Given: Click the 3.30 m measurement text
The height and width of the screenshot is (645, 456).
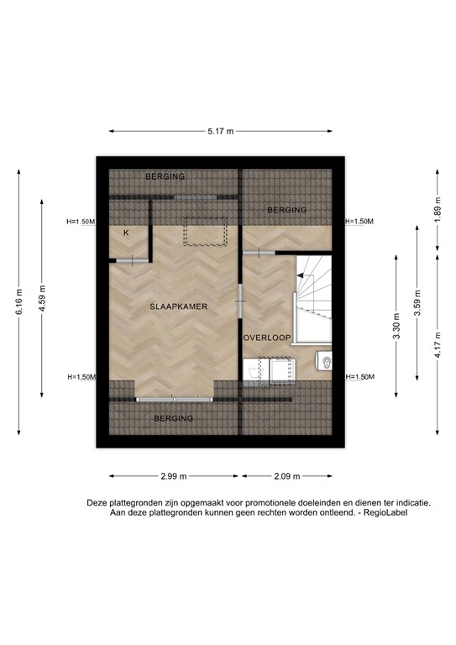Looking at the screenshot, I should (395, 325).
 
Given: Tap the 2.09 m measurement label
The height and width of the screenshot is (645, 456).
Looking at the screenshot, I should (286, 476).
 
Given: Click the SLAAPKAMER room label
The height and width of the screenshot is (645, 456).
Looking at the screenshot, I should (178, 307).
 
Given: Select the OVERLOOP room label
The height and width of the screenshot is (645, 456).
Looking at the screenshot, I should (267, 338).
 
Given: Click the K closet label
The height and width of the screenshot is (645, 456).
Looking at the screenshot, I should (127, 233).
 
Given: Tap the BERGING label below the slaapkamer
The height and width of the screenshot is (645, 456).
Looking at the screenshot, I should (173, 417).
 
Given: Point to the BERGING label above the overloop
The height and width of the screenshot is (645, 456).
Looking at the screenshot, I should (286, 210).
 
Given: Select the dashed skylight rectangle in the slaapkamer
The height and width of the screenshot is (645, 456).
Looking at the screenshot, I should (206, 230).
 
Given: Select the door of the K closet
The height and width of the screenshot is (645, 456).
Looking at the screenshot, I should (131, 261).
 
